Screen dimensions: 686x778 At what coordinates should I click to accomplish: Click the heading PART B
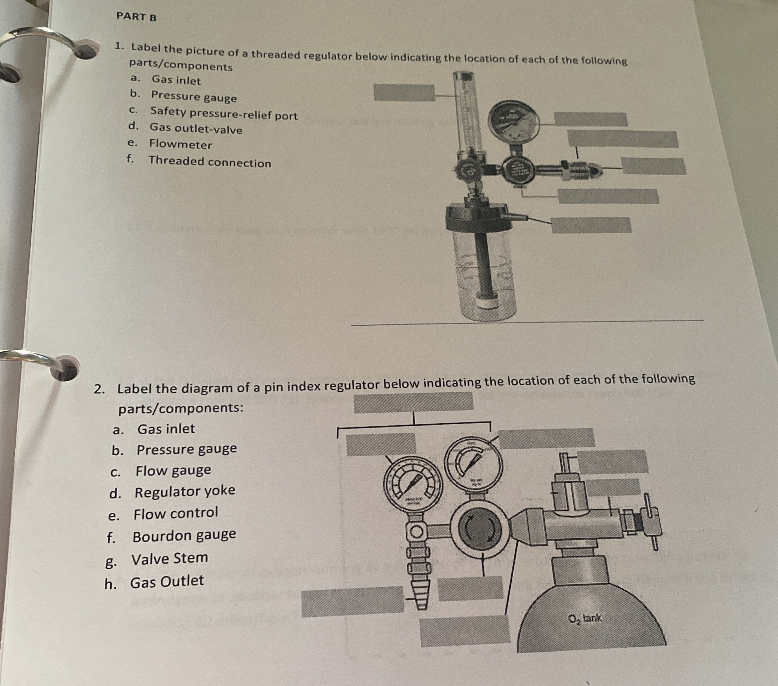pos(136,17)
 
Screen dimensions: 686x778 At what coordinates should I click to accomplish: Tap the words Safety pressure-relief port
pos(224,113)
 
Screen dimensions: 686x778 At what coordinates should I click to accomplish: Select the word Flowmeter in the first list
pos(180,144)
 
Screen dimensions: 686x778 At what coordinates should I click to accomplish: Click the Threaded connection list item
pos(210,162)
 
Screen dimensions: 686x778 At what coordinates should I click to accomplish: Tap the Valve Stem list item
pos(170,558)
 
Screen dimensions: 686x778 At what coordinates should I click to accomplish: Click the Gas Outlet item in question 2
pos(167,581)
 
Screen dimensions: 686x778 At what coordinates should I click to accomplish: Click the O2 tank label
pos(585,618)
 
